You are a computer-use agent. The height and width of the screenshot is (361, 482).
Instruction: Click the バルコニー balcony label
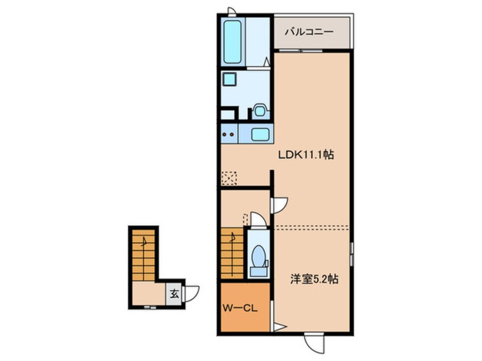click(x=309, y=32)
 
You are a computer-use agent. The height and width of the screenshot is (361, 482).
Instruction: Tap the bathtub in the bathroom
click(x=232, y=42)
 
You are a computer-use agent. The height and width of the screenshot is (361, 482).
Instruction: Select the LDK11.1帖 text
click(x=305, y=155)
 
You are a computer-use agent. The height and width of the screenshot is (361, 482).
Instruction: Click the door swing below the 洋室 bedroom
click(x=314, y=343)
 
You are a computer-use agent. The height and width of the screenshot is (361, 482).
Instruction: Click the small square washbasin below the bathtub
click(x=229, y=79)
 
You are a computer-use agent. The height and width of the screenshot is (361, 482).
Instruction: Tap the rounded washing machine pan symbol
click(x=260, y=110)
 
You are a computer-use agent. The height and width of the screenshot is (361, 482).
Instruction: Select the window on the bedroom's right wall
click(x=352, y=254)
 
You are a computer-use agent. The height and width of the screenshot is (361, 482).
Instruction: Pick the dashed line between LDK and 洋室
click(x=311, y=227)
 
